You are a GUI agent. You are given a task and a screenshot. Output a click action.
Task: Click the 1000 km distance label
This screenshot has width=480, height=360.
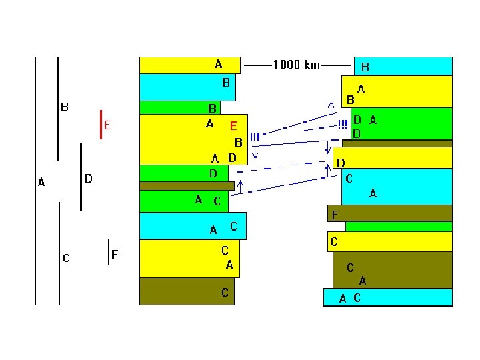(x=296, y=65)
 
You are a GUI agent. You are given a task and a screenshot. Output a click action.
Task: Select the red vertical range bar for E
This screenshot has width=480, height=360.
(x=101, y=125)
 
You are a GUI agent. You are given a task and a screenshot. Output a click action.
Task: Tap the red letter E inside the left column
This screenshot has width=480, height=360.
(x=233, y=126)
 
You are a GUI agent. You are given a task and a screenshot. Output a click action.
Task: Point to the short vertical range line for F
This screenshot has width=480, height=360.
(x=109, y=251)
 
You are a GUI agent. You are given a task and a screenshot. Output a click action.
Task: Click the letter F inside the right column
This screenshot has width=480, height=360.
(x=335, y=215)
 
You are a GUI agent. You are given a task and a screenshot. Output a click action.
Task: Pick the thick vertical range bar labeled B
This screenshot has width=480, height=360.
(x=57, y=109)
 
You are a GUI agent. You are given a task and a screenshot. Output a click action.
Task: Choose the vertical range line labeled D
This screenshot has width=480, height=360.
(x=81, y=177)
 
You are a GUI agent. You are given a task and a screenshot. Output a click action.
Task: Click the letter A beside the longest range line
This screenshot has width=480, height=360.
(x=41, y=182)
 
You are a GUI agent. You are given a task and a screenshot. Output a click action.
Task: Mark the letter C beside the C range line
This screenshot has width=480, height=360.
(x=65, y=258)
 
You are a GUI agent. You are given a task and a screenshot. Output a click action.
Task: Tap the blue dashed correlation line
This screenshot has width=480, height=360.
(x=281, y=167)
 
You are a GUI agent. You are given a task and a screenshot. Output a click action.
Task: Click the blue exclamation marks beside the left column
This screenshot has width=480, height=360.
(x=255, y=137)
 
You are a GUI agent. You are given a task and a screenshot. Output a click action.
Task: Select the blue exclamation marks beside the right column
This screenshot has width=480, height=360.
(x=343, y=124)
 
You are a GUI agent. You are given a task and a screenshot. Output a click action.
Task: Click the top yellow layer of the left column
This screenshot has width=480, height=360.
(x=190, y=65)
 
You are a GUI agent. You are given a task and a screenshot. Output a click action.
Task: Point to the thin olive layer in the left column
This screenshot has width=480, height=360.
(x=187, y=186)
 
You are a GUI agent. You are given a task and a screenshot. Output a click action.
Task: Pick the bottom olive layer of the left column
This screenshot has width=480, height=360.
(x=187, y=291)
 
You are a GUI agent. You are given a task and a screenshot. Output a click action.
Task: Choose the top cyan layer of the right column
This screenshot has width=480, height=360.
(x=403, y=66)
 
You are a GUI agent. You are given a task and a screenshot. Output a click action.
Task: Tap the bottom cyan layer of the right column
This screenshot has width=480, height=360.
(x=387, y=297)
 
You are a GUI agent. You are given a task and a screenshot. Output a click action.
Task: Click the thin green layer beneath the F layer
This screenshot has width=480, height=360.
(x=399, y=227)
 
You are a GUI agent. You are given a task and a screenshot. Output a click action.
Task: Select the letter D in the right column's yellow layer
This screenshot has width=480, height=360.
(x=341, y=163)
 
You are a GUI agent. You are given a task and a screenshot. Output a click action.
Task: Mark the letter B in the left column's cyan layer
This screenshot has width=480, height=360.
(x=226, y=83)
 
